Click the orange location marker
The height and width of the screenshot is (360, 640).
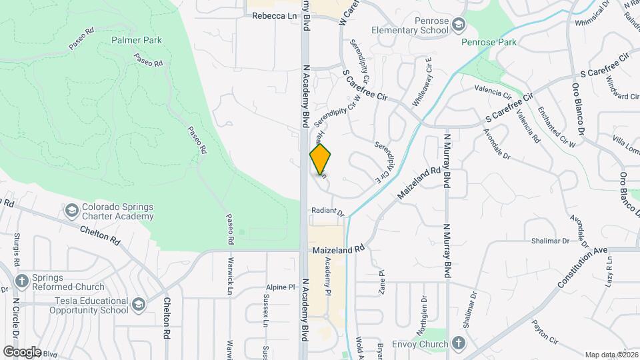(x=321, y=159)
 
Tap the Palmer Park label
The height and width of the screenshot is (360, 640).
(x=137, y=40)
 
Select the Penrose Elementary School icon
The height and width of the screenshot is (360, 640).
(x=458, y=25)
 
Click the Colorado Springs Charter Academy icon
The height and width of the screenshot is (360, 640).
(x=71, y=211)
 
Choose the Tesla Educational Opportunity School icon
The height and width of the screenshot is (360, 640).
(x=139, y=305)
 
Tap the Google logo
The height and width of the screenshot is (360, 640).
(x=21, y=351)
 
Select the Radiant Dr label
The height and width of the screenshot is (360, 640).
(x=327, y=212)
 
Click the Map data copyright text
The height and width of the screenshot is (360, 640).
(x=610, y=354)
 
